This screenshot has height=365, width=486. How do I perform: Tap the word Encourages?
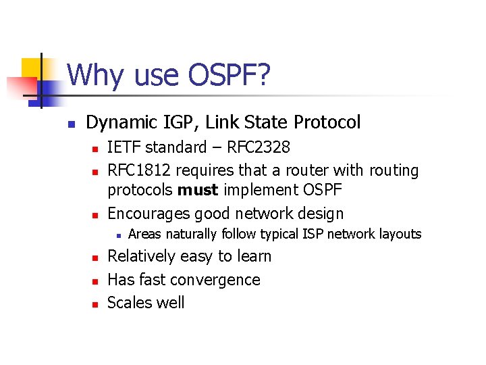pos(148,214)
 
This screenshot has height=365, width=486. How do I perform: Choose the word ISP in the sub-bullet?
pos(318,235)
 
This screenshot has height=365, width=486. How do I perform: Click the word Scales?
pos(130,303)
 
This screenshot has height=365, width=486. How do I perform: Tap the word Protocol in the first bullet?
pos(327,122)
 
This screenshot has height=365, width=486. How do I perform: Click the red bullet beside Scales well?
pos(96,304)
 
